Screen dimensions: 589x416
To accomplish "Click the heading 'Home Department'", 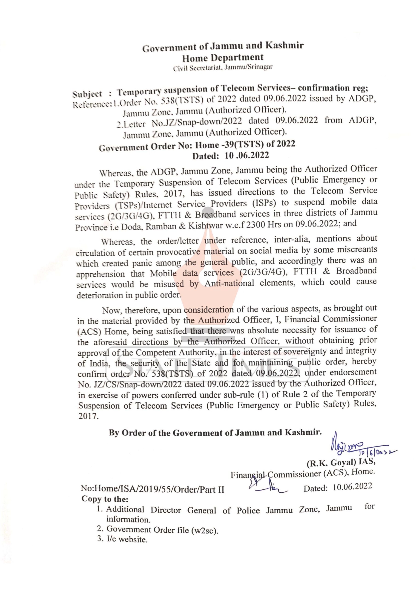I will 223,58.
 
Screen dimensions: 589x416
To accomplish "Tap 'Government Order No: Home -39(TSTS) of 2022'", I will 197,146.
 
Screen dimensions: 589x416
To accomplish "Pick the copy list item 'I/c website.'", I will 127,539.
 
